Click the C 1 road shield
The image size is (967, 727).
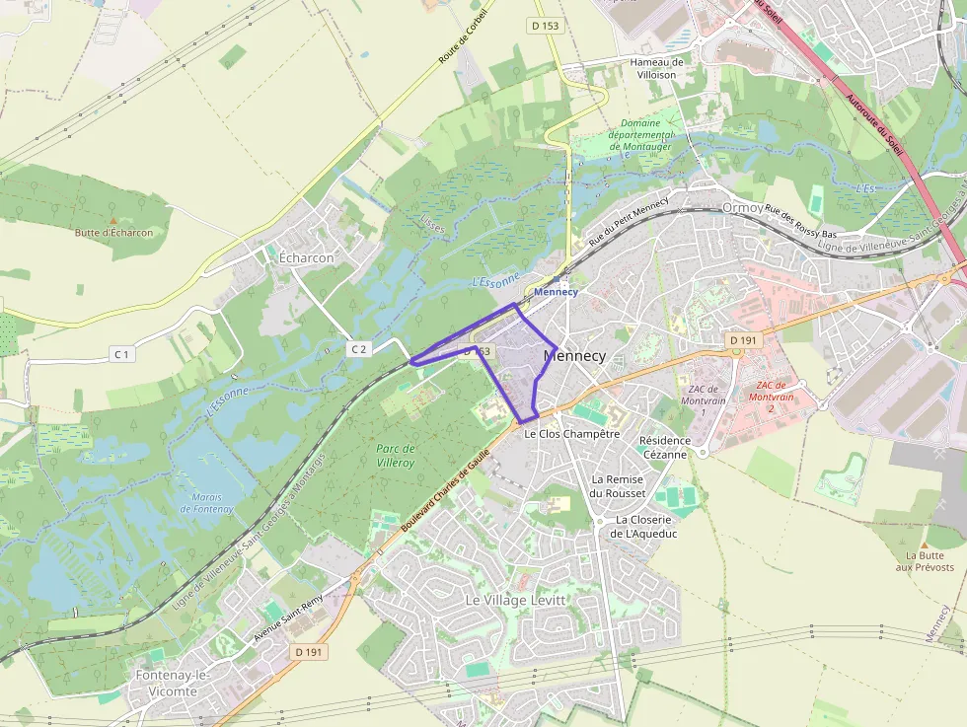(x=121, y=353)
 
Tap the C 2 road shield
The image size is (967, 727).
(x=358, y=348)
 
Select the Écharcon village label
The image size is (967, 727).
(x=307, y=257)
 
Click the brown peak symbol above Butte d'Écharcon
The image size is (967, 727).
(x=113, y=220)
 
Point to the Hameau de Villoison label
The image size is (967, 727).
(x=656, y=68)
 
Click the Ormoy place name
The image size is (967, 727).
(x=742, y=208)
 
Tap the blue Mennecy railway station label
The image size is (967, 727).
(x=556, y=293)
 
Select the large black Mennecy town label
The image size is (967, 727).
(x=574, y=355)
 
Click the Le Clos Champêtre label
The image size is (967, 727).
(x=571, y=433)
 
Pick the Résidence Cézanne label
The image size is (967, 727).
(x=663, y=448)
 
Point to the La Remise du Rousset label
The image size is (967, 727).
(x=618, y=486)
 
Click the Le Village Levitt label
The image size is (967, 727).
(x=515, y=600)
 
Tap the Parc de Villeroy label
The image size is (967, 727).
(x=396, y=455)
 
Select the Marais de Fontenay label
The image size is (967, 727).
(x=207, y=503)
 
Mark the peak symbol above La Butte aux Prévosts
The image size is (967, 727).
(x=925, y=544)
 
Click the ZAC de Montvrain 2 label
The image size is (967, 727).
(x=774, y=397)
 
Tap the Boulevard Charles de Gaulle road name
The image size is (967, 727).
(x=445, y=487)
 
